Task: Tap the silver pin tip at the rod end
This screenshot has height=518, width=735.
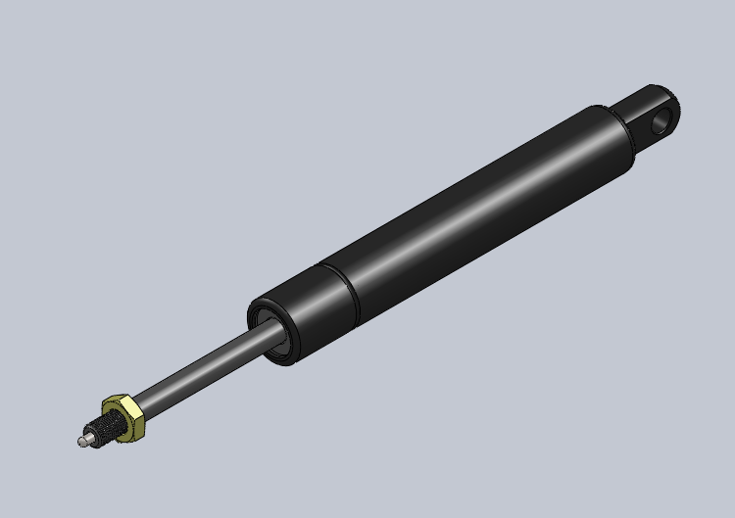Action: pyautogui.click(x=82, y=441)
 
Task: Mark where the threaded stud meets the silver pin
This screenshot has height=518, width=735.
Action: pyautogui.click(x=89, y=436)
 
